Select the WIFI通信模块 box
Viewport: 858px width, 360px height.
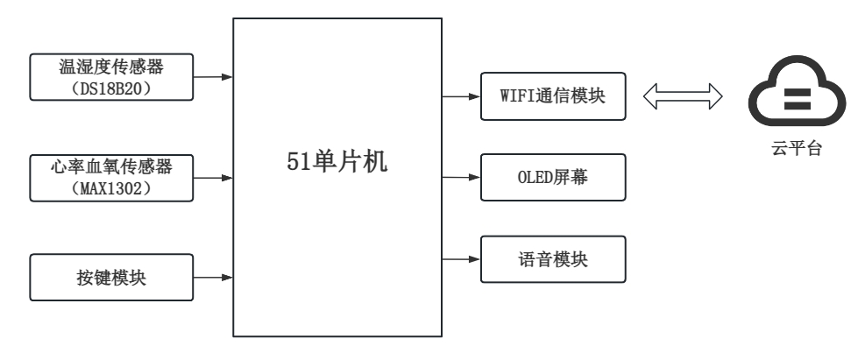coord(554,96)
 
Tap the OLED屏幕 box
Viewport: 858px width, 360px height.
coord(554,177)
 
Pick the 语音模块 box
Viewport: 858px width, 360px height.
coord(554,258)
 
